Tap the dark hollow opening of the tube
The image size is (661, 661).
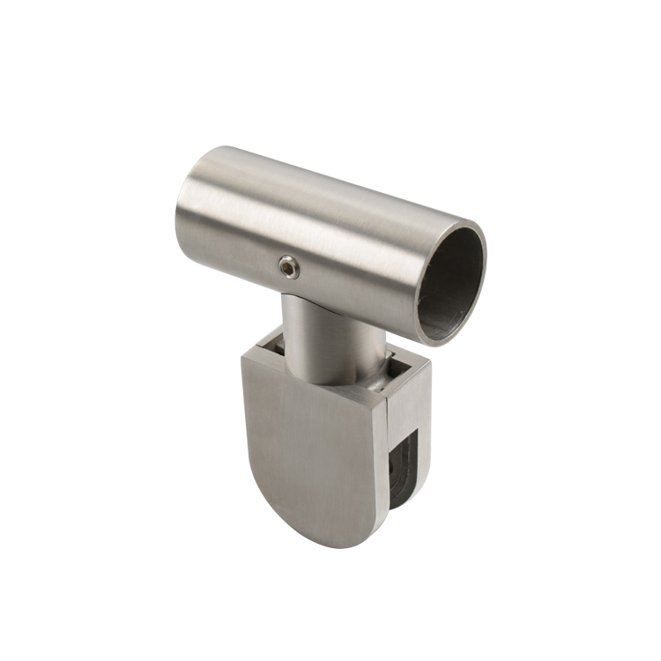pos(452,282)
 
